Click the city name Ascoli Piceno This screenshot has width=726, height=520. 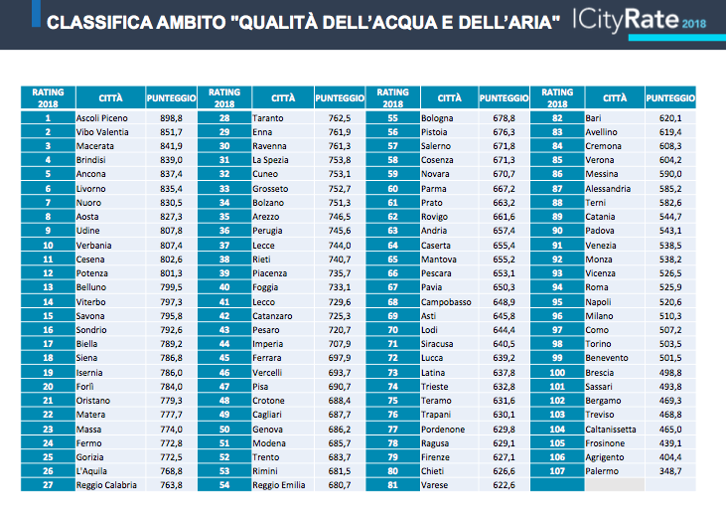coord(102,118)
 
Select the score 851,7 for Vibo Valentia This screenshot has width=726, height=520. coord(171,132)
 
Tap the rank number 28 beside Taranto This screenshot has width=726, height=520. coord(224,118)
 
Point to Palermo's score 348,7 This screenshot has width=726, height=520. coord(670,471)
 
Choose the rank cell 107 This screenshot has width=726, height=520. coord(557,471)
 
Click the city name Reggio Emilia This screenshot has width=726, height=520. coord(279,485)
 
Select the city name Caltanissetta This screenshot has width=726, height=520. coord(611,430)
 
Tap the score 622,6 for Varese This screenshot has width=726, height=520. coord(504,485)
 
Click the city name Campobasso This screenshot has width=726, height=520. coord(446,302)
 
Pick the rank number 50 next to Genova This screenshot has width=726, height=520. coord(224,430)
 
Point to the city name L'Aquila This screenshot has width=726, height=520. coord(91,471)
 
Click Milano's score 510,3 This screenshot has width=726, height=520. coord(670,316)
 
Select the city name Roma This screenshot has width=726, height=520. coord(597,287)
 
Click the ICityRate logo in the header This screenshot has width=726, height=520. coord(626,20)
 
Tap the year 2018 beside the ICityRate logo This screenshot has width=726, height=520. coord(694,24)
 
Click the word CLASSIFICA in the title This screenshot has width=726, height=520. coord(99,22)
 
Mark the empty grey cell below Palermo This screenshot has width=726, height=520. coord(615,485)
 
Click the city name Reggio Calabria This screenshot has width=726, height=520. coord(106,485)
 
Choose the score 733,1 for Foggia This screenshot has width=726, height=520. coord(340,287)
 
